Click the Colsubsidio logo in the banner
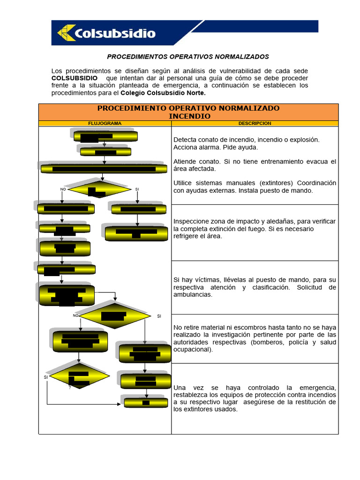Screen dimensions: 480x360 [107, 33]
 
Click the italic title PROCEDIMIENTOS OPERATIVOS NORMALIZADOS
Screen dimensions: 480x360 [188, 57]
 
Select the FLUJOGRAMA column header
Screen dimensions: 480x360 [105, 123]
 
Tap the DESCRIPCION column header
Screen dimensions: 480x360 [255, 123]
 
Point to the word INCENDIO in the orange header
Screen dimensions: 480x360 [189, 116]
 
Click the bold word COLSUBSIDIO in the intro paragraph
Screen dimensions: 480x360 [75, 78]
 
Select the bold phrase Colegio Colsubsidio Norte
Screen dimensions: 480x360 [163, 93]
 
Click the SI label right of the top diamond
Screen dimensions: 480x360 [137, 189]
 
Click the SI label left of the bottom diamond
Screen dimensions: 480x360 [46, 377]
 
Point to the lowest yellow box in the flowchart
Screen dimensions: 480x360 [146, 403]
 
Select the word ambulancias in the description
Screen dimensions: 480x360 [193, 295]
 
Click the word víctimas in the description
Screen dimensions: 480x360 [202, 280]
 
